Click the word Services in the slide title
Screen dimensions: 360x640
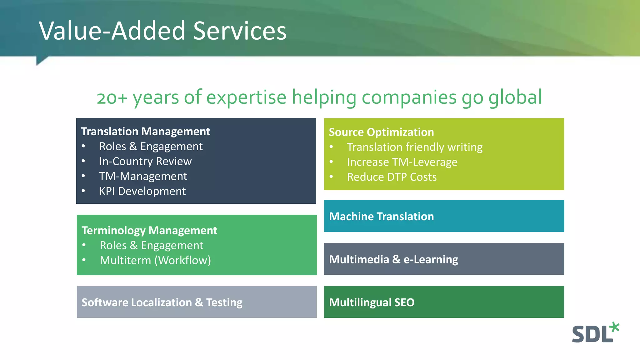[240, 31]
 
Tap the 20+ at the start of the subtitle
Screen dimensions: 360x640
[112, 98]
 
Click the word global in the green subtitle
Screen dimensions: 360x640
[515, 97]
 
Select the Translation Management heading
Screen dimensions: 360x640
[145, 132]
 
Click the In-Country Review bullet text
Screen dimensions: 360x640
[145, 161]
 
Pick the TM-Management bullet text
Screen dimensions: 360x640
[143, 176]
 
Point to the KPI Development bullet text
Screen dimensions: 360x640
[142, 191]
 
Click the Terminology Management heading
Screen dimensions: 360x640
[149, 231]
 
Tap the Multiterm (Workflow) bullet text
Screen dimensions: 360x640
[155, 260]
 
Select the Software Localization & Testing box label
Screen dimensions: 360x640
[162, 302]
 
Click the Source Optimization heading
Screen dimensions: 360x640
[381, 132]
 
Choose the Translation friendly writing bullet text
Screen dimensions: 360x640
[415, 147]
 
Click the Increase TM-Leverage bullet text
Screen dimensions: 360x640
[402, 162]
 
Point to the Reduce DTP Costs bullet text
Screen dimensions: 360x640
[392, 177]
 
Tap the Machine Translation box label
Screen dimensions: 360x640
[381, 217]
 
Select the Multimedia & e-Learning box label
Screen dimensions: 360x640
[393, 259]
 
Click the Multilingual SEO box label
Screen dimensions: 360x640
[372, 302]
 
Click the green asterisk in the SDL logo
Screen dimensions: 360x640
[614, 327]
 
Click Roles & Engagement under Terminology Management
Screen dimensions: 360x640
[152, 246]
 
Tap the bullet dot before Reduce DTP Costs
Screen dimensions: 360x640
[331, 177]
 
